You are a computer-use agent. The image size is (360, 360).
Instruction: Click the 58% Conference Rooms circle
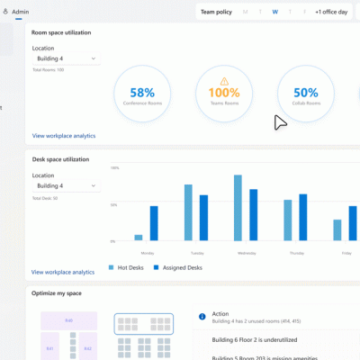tap(143, 95)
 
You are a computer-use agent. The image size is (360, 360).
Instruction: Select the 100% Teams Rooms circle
tap(224, 95)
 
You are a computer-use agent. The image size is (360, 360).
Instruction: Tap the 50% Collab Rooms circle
tap(305, 95)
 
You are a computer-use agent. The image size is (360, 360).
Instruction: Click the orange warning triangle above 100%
tap(224, 80)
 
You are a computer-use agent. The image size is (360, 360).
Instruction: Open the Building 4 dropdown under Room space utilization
tap(65, 59)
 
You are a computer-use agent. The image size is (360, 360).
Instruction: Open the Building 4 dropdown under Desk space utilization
tap(65, 186)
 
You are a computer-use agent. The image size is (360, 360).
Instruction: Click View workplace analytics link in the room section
tap(63, 136)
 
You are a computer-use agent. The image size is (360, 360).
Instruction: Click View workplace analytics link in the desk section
tap(63, 272)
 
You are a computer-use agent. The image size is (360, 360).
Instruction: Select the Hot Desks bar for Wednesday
tap(238, 208)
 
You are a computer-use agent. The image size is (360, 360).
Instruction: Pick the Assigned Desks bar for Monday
tap(154, 223)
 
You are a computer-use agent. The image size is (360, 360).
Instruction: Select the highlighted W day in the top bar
tap(274, 13)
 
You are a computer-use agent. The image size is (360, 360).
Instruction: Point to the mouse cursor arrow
tap(281, 122)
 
